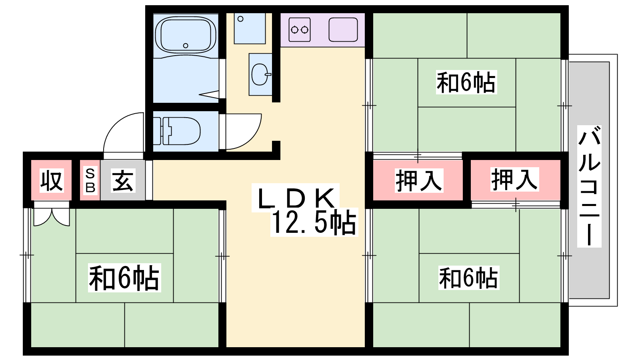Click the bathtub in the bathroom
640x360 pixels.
[186, 36]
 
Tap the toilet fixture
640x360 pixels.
[176, 131]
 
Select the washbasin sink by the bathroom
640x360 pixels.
[260, 74]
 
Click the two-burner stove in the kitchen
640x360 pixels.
[300, 30]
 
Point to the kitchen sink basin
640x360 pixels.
[343, 30]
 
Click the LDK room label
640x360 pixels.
[296, 198]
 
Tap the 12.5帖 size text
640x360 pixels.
[314, 222]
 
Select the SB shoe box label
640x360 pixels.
[90, 180]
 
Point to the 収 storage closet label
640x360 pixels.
[52, 180]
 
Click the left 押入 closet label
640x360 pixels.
[419, 180]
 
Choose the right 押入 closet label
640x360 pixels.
[514, 179]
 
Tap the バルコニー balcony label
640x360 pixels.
[589, 186]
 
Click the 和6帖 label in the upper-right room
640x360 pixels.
[466, 82]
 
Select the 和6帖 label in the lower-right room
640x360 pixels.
[468, 278]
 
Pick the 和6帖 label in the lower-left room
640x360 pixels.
[124, 278]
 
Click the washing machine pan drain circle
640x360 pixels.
[240, 19]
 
